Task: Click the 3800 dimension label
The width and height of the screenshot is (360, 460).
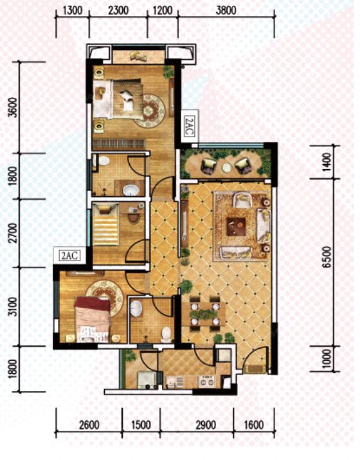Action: [226, 10]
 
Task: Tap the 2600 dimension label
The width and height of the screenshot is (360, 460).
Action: [89, 425]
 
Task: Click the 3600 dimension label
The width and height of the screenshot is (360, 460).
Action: [13, 107]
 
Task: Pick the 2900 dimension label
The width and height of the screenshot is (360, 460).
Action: [206, 425]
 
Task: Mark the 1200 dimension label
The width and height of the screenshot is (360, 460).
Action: [163, 10]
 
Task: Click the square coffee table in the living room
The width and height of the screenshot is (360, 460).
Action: [236, 226]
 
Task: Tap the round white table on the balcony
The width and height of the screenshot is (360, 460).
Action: [227, 168]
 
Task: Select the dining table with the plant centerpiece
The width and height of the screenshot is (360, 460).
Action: [203, 314]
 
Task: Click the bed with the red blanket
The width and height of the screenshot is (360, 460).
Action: [93, 319]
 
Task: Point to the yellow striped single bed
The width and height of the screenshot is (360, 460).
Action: [106, 225]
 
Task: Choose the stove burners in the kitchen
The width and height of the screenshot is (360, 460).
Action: [207, 381]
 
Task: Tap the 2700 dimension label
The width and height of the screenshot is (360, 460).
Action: [13, 234]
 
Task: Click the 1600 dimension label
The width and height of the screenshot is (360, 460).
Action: [253, 425]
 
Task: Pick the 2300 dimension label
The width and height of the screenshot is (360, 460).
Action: [118, 10]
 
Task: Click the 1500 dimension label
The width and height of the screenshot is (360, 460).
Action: [141, 425]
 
